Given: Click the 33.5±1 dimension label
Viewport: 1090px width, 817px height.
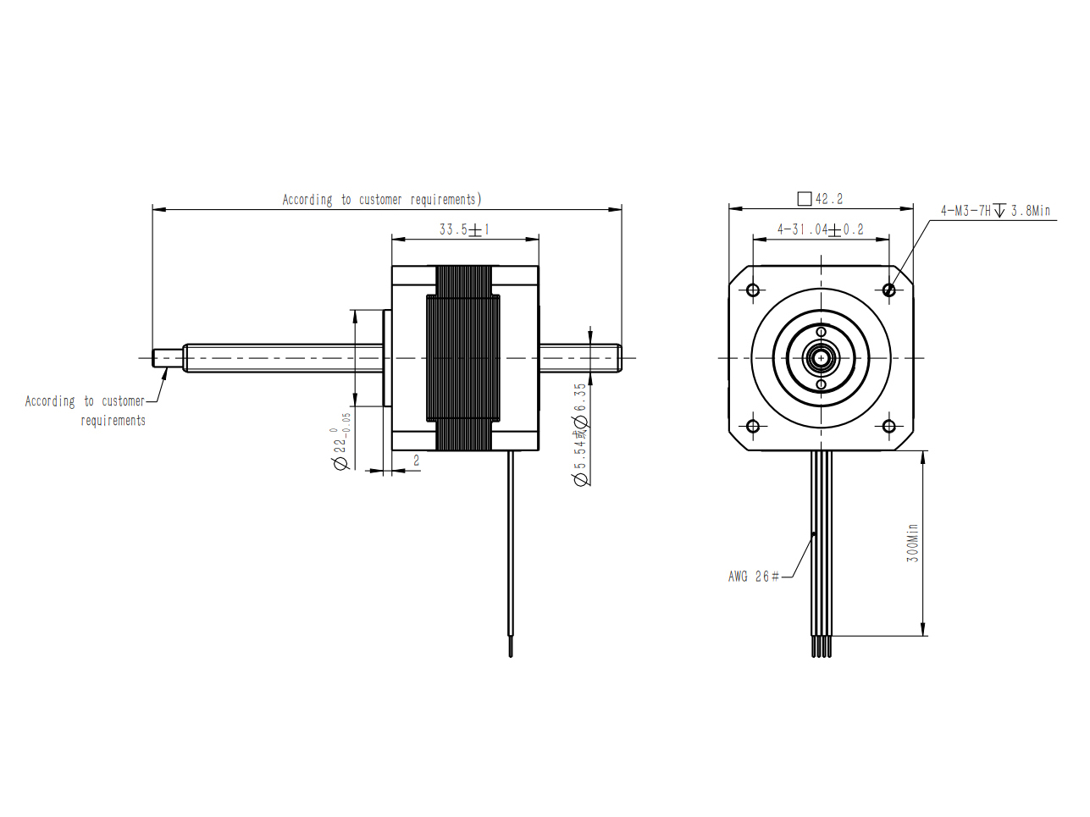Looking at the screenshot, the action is (464, 229).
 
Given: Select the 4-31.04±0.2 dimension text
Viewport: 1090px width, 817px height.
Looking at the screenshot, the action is (821, 229).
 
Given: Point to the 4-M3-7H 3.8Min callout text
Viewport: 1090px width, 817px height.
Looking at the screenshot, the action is (996, 211).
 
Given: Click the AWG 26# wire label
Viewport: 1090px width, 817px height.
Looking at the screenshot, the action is (753, 577).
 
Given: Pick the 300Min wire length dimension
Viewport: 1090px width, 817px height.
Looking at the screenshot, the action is (913, 543).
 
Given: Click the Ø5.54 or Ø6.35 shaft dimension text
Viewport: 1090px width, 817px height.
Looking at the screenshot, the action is (580, 434).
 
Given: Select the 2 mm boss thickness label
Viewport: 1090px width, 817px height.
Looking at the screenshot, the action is (416, 461).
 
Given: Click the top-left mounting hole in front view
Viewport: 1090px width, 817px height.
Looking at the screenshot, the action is (753, 290).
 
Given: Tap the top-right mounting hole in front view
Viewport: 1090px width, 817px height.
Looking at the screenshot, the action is (889, 290).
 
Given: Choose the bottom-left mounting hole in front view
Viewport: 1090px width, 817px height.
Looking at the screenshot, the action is (753, 426).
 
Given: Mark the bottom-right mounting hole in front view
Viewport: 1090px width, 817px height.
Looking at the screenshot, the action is (889, 426).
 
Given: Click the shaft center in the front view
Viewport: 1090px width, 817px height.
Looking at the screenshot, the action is (821, 358).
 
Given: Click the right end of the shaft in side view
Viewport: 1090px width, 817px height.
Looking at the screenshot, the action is (621, 358).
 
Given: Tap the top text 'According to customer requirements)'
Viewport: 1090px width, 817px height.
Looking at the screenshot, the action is (382, 200).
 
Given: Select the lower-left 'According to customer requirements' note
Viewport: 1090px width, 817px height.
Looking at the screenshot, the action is (85, 411).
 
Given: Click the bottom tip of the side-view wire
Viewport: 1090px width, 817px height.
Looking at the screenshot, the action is (511, 657).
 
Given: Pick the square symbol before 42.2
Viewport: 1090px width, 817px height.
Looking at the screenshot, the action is (804, 199).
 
